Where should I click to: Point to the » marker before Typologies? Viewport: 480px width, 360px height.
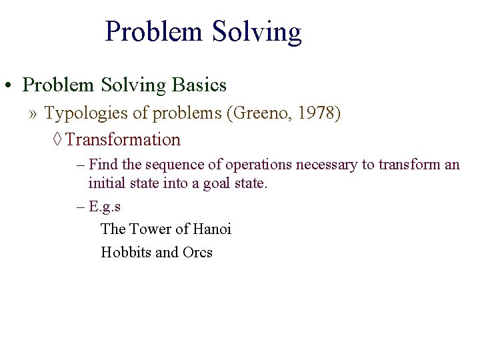[x=33, y=114]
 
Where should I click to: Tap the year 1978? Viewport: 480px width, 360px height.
[x=319, y=114]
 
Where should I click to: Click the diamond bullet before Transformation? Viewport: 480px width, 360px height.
[x=58, y=140]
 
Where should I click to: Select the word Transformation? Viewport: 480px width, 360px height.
[x=123, y=140]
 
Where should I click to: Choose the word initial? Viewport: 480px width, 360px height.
[x=105, y=183]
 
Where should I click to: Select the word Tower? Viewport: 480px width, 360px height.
[x=149, y=229]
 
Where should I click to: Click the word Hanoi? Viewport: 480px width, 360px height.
[x=211, y=229]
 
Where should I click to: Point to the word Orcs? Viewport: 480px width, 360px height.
[x=197, y=253]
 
